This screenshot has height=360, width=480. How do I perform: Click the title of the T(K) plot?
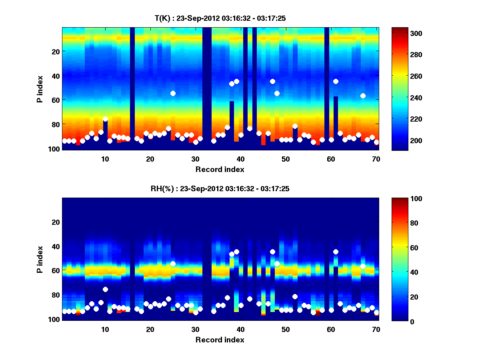point(220,18)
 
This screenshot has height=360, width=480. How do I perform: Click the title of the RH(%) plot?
point(220,188)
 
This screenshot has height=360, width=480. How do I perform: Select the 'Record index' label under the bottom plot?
point(220,340)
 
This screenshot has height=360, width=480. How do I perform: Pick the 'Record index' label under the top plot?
point(220,169)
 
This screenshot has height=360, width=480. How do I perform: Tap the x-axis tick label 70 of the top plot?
point(376,159)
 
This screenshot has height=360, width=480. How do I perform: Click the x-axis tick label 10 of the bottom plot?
point(105,329)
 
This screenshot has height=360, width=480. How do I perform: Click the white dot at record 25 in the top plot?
point(173,93)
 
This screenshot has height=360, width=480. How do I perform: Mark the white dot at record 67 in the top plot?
point(363,96)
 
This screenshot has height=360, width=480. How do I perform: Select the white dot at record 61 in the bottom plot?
point(336,252)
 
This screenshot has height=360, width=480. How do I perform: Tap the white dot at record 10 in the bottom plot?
point(105,289)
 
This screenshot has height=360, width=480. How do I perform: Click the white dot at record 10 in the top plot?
point(105,119)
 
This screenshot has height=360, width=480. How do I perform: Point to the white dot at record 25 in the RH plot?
point(173,264)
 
